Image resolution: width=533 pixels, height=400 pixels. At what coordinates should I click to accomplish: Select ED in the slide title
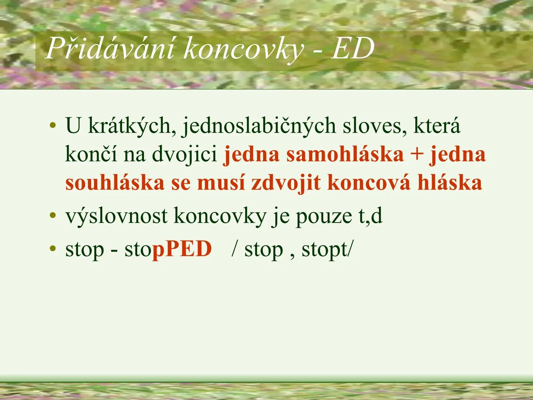(x=352, y=49)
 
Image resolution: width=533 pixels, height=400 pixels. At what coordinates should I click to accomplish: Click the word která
(x=437, y=126)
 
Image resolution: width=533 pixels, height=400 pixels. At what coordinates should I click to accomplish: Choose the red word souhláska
(x=115, y=183)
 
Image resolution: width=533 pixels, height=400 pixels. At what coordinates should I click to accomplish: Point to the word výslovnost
(x=116, y=216)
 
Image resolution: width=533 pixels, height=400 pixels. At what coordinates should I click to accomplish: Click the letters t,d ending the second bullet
(x=370, y=216)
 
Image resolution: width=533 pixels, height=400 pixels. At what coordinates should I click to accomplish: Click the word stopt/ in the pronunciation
(x=327, y=250)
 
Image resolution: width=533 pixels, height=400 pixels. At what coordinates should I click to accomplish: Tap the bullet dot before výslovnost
(x=54, y=216)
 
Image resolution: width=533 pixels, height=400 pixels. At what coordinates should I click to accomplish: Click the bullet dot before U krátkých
(x=54, y=126)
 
